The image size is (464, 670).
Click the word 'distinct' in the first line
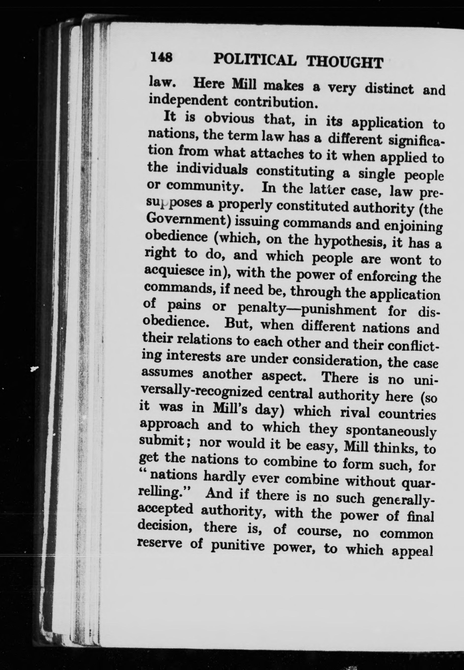[x=389, y=87]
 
